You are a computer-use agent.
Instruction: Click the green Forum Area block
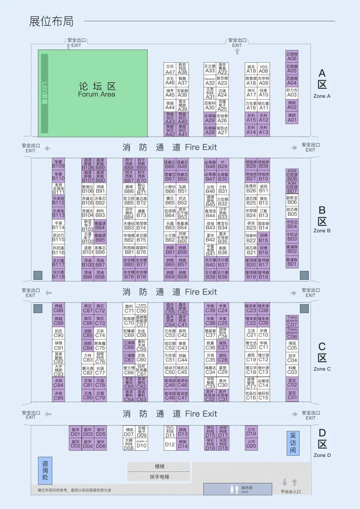(x=97, y=93)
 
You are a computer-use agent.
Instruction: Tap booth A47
(x=170, y=69)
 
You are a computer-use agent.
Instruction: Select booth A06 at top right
(x=292, y=56)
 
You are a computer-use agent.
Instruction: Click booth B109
(x=58, y=164)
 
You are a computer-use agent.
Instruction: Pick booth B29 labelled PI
(x=223, y=164)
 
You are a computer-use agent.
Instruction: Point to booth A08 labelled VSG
(x=263, y=69)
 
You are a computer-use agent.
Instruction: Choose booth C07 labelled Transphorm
(x=292, y=321)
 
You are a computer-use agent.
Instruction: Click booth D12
(x=170, y=444)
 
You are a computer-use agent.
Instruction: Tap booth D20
(x=251, y=444)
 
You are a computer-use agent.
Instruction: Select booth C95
(x=58, y=395)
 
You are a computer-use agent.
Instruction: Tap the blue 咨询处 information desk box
(x=45, y=470)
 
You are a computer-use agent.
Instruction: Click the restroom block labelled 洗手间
(x=238, y=489)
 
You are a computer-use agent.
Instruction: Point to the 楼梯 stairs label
(x=159, y=466)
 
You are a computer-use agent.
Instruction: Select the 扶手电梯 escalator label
(x=159, y=477)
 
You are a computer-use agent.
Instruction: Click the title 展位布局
(x=51, y=21)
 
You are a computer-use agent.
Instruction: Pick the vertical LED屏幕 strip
(x=44, y=93)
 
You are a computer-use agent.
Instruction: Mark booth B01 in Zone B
(x=292, y=262)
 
